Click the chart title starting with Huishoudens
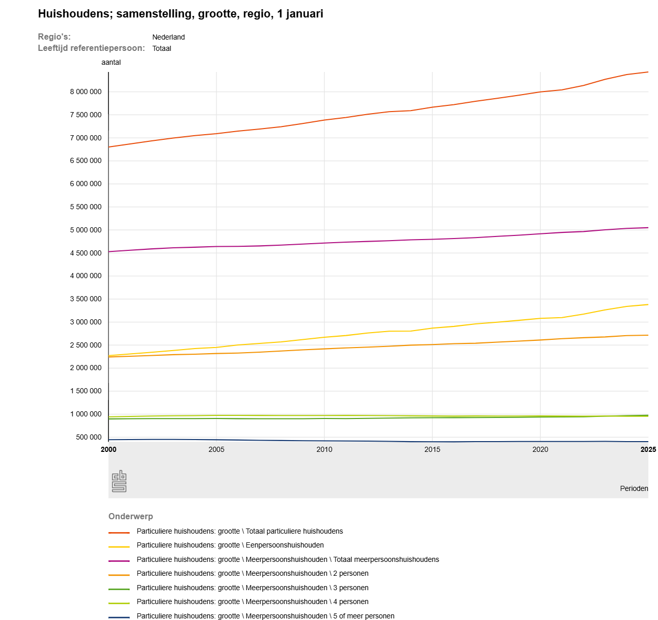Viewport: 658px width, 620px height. (180, 14)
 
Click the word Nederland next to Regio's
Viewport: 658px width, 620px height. (168, 37)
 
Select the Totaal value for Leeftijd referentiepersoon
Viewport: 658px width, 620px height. (161, 48)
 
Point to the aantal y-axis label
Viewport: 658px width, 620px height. (111, 62)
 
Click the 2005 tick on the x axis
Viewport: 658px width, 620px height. (216, 449)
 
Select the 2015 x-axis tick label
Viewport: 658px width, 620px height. (432, 449)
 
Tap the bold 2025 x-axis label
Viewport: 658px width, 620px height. (648, 449)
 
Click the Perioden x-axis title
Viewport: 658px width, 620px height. (634, 488)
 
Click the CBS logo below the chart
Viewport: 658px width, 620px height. (119, 481)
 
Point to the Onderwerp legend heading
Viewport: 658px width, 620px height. (131, 516)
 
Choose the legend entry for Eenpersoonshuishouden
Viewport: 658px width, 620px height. (230, 545)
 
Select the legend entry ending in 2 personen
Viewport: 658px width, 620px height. (252, 573)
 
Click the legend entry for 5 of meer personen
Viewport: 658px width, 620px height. (265, 616)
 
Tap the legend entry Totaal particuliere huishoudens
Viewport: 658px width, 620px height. (240, 531)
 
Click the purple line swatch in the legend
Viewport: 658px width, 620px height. (119, 560)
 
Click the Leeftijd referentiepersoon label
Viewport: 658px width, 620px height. (92, 48)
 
